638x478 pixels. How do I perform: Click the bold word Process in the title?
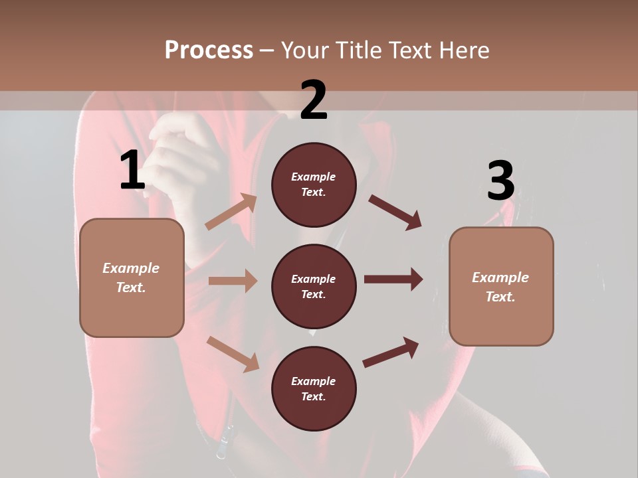pos(209,50)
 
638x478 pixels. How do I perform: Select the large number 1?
pos(132,171)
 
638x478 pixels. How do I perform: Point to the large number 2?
pos(314,100)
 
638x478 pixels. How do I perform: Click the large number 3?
pos(500,181)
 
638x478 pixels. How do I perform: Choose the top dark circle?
pos(314,185)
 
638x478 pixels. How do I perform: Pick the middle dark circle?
pos(314,286)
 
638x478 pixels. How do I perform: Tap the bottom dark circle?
pos(314,388)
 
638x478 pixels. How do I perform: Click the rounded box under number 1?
pos(132,278)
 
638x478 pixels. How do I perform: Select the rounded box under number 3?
pos(501,287)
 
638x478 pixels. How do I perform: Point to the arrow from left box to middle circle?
pos(233,281)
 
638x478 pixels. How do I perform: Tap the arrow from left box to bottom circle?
pos(233,353)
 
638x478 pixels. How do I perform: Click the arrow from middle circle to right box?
pos(393,279)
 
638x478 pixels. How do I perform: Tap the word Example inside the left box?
pos(131,268)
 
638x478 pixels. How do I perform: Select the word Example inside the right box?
pos(500,278)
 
